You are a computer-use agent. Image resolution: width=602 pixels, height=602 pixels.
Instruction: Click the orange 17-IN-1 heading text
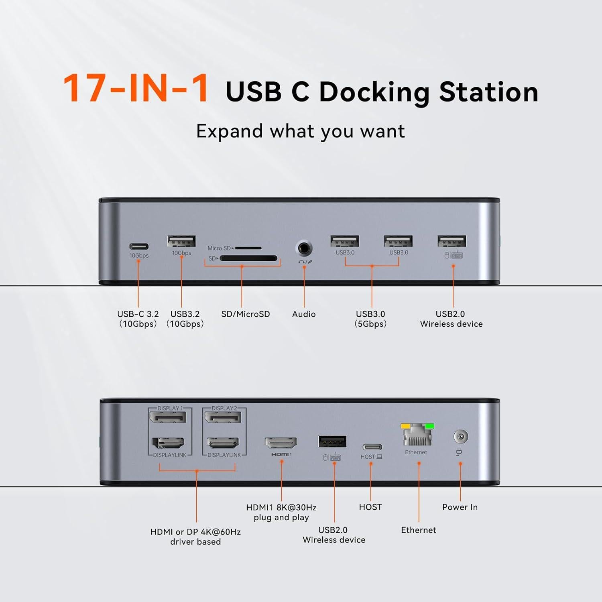[136, 88]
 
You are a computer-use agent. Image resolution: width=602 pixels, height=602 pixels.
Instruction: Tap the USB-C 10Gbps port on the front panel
[139, 246]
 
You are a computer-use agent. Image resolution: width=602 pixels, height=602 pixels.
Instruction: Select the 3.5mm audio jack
[304, 248]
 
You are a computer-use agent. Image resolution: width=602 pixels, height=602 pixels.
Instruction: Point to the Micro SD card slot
[248, 248]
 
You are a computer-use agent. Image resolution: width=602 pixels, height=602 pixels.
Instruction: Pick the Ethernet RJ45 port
[417, 437]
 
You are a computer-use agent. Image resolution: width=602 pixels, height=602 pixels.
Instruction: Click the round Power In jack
[460, 436]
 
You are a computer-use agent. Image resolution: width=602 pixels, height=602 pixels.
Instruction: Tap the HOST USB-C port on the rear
[372, 447]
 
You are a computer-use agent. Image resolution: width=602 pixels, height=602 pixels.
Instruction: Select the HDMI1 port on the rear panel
[281, 443]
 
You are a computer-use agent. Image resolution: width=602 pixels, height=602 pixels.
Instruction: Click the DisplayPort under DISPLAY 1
[168, 417]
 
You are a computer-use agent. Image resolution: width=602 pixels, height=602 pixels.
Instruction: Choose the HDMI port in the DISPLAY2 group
[223, 443]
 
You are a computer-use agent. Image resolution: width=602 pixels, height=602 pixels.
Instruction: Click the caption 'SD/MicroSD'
[246, 314]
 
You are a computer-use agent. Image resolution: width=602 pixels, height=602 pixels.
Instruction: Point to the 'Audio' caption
[304, 314]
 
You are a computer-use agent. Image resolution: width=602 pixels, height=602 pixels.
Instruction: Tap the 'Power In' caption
[460, 507]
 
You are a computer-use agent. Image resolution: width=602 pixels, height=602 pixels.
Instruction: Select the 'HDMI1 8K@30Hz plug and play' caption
[281, 513]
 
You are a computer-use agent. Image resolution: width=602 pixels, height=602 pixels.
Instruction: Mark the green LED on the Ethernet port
[429, 426]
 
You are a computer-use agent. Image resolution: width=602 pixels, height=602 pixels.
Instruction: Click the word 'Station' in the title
[488, 92]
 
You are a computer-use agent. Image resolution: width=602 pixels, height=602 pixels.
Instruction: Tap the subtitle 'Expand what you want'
[301, 131]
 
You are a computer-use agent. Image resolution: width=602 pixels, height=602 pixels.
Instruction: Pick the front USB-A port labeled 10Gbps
[181, 241]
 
